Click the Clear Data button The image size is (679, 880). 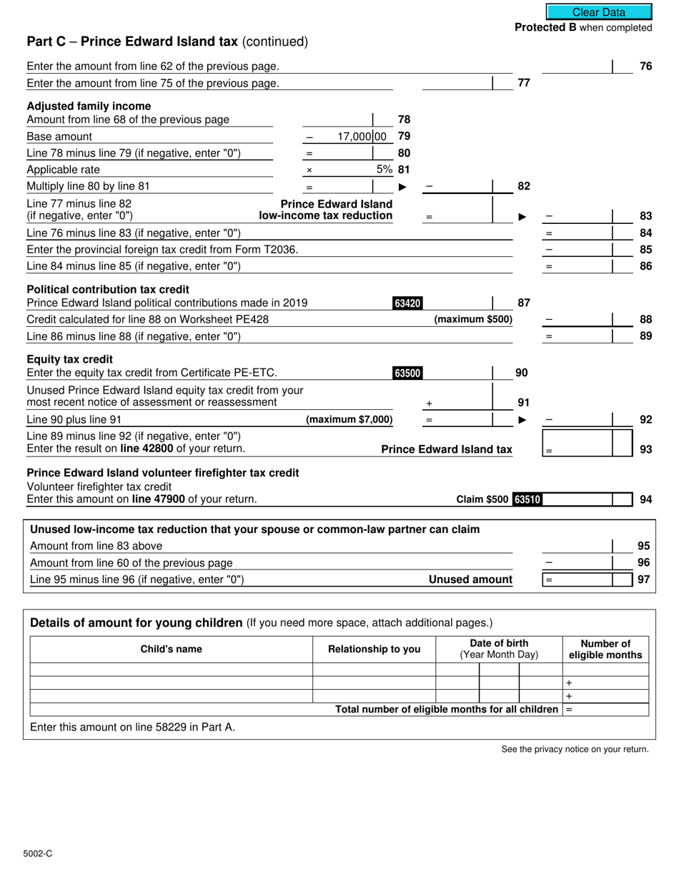pyautogui.click(x=599, y=12)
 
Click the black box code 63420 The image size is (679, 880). pyautogui.click(x=407, y=303)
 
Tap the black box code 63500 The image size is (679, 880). pyautogui.click(x=407, y=373)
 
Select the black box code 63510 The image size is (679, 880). pyautogui.click(x=527, y=499)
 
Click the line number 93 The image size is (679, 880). pyautogui.click(x=645, y=450)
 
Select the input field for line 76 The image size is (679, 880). pyautogui.click(x=578, y=67)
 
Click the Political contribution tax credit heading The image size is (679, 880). pyautogui.click(x=108, y=289)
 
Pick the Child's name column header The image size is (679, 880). pyautogui.click(x=171, y=649)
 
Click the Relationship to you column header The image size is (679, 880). pyautogui.click(x=374, y=649)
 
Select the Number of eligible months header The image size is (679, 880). pyautogui.click(x=605, y=649)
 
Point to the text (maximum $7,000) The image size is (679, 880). pyautogui.click(x=349, y=419)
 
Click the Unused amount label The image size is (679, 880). pyautogui.click(x=470, y=580)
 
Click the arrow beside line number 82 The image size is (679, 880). pyautogui.click(x=402, y=187)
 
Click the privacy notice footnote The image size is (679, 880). pyautogui.click(x=575, y=749)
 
